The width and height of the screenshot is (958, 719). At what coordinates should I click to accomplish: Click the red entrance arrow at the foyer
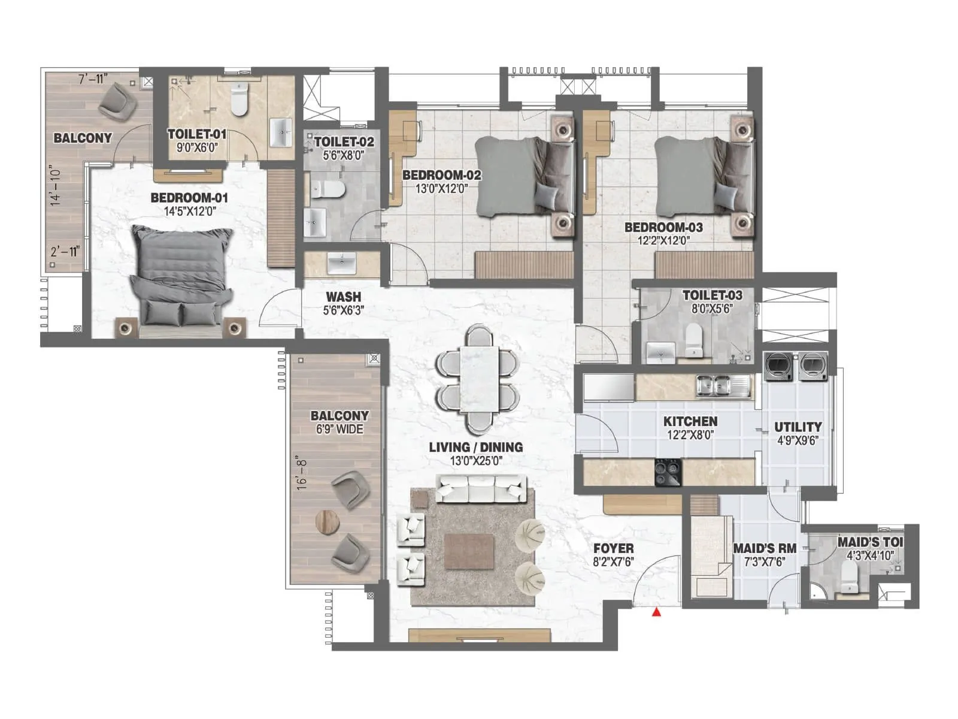pos(657,612)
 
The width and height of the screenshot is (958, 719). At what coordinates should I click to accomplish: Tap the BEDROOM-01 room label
pos(189,198)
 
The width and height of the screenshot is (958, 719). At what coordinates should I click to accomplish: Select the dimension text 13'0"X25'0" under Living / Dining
pos(475,461)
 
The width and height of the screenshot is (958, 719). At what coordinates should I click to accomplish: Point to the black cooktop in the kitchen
pos(668,472)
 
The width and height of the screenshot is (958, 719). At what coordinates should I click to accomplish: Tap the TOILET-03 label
pos(712,295)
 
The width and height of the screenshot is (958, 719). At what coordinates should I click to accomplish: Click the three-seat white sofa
pos(481,489)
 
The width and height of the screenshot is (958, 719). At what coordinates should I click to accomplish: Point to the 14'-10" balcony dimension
pos(56,186)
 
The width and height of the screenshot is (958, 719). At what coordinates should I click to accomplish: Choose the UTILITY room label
pos(798,427)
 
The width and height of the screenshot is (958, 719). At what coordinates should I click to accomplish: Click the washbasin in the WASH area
pos(342,262)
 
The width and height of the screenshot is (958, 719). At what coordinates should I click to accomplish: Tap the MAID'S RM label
pos(765,548)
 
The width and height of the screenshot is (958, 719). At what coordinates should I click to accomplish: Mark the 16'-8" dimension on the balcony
pos(303,473)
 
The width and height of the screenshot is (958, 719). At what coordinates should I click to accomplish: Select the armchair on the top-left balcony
pos(117,100)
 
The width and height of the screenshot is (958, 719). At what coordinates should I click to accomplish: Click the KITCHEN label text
pos(690,422)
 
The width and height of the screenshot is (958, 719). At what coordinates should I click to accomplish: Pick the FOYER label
pos(613,548)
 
